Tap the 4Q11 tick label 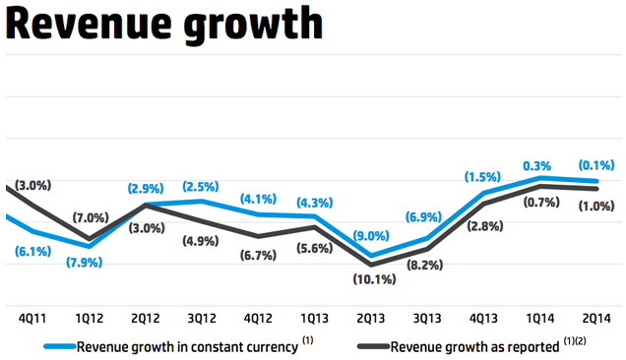pos(34,319)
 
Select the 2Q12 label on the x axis pos(146,319)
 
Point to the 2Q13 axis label pos(372,319)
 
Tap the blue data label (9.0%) pos(372,236)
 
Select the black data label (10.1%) pos(372,279)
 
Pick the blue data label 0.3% pos(537,166)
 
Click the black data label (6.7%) pos(259,256)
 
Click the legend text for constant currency pos(187,347)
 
